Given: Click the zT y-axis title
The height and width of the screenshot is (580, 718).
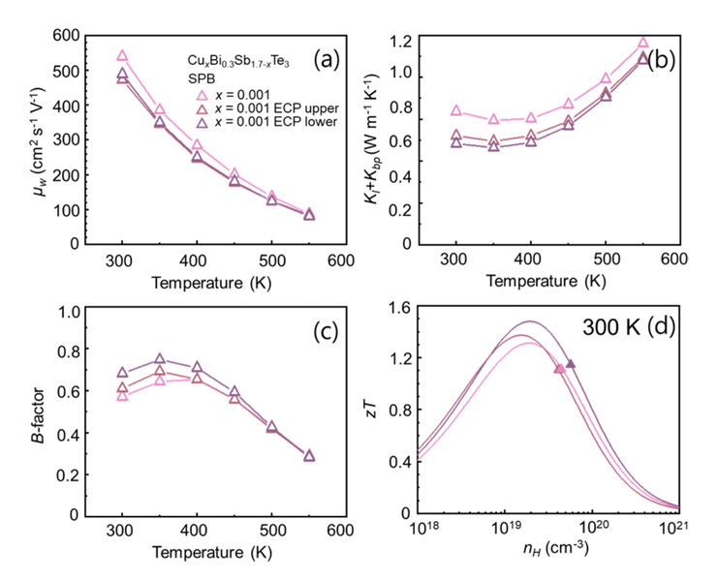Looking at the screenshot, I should coord(398,412).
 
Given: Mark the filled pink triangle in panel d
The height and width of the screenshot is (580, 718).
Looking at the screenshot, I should coord(559,368).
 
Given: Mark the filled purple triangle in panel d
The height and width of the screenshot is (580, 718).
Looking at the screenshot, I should coord(571,363).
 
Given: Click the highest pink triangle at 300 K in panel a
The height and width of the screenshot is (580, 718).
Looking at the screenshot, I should coord(123,56).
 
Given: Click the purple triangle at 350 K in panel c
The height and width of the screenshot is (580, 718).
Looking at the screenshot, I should coord(160,359).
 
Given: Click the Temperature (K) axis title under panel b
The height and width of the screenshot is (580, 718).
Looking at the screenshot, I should coord(546,282).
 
